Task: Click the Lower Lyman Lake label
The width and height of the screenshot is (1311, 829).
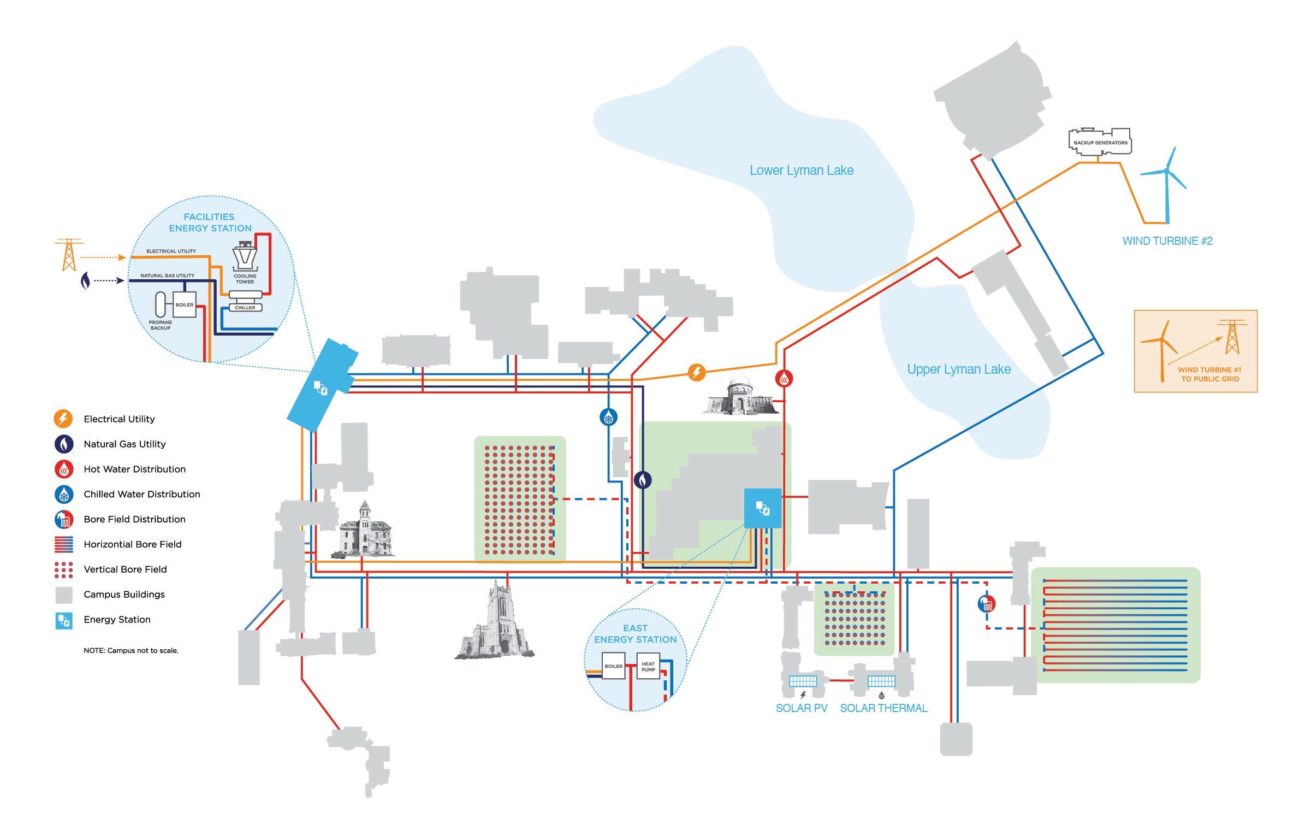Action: click(801, 170)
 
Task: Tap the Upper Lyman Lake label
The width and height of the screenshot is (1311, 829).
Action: click(958, 369)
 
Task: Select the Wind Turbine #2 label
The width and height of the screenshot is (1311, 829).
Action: click(1167, 241)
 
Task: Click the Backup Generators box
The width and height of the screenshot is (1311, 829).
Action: click(1100, 142)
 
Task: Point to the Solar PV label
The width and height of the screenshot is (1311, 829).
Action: click(801, 708)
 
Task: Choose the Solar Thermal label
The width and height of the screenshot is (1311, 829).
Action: click(883, 708)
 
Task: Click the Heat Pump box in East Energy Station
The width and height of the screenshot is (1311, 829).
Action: click(648, 667)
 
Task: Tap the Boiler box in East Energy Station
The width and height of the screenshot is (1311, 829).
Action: click(613, 667)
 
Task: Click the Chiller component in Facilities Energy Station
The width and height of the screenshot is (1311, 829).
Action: click(245, 307)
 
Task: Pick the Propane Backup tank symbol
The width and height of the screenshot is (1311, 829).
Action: click(160, 304)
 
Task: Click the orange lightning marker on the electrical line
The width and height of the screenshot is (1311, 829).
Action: click(696, 373)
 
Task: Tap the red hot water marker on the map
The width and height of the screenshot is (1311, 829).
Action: click(784, 378)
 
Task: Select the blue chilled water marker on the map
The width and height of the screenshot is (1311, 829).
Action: click(608, 418)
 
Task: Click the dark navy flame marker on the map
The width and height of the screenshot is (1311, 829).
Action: click(643, 480)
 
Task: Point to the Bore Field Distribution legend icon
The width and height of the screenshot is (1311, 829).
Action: click(64, 519)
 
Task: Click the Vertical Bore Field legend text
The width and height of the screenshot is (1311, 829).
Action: click(125, 569)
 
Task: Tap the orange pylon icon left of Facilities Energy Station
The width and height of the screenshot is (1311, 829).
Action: click(69, 255)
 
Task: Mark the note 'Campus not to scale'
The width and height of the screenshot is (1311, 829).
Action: click(130, 650)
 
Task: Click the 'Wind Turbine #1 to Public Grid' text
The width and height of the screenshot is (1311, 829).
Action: click(1209, 374)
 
